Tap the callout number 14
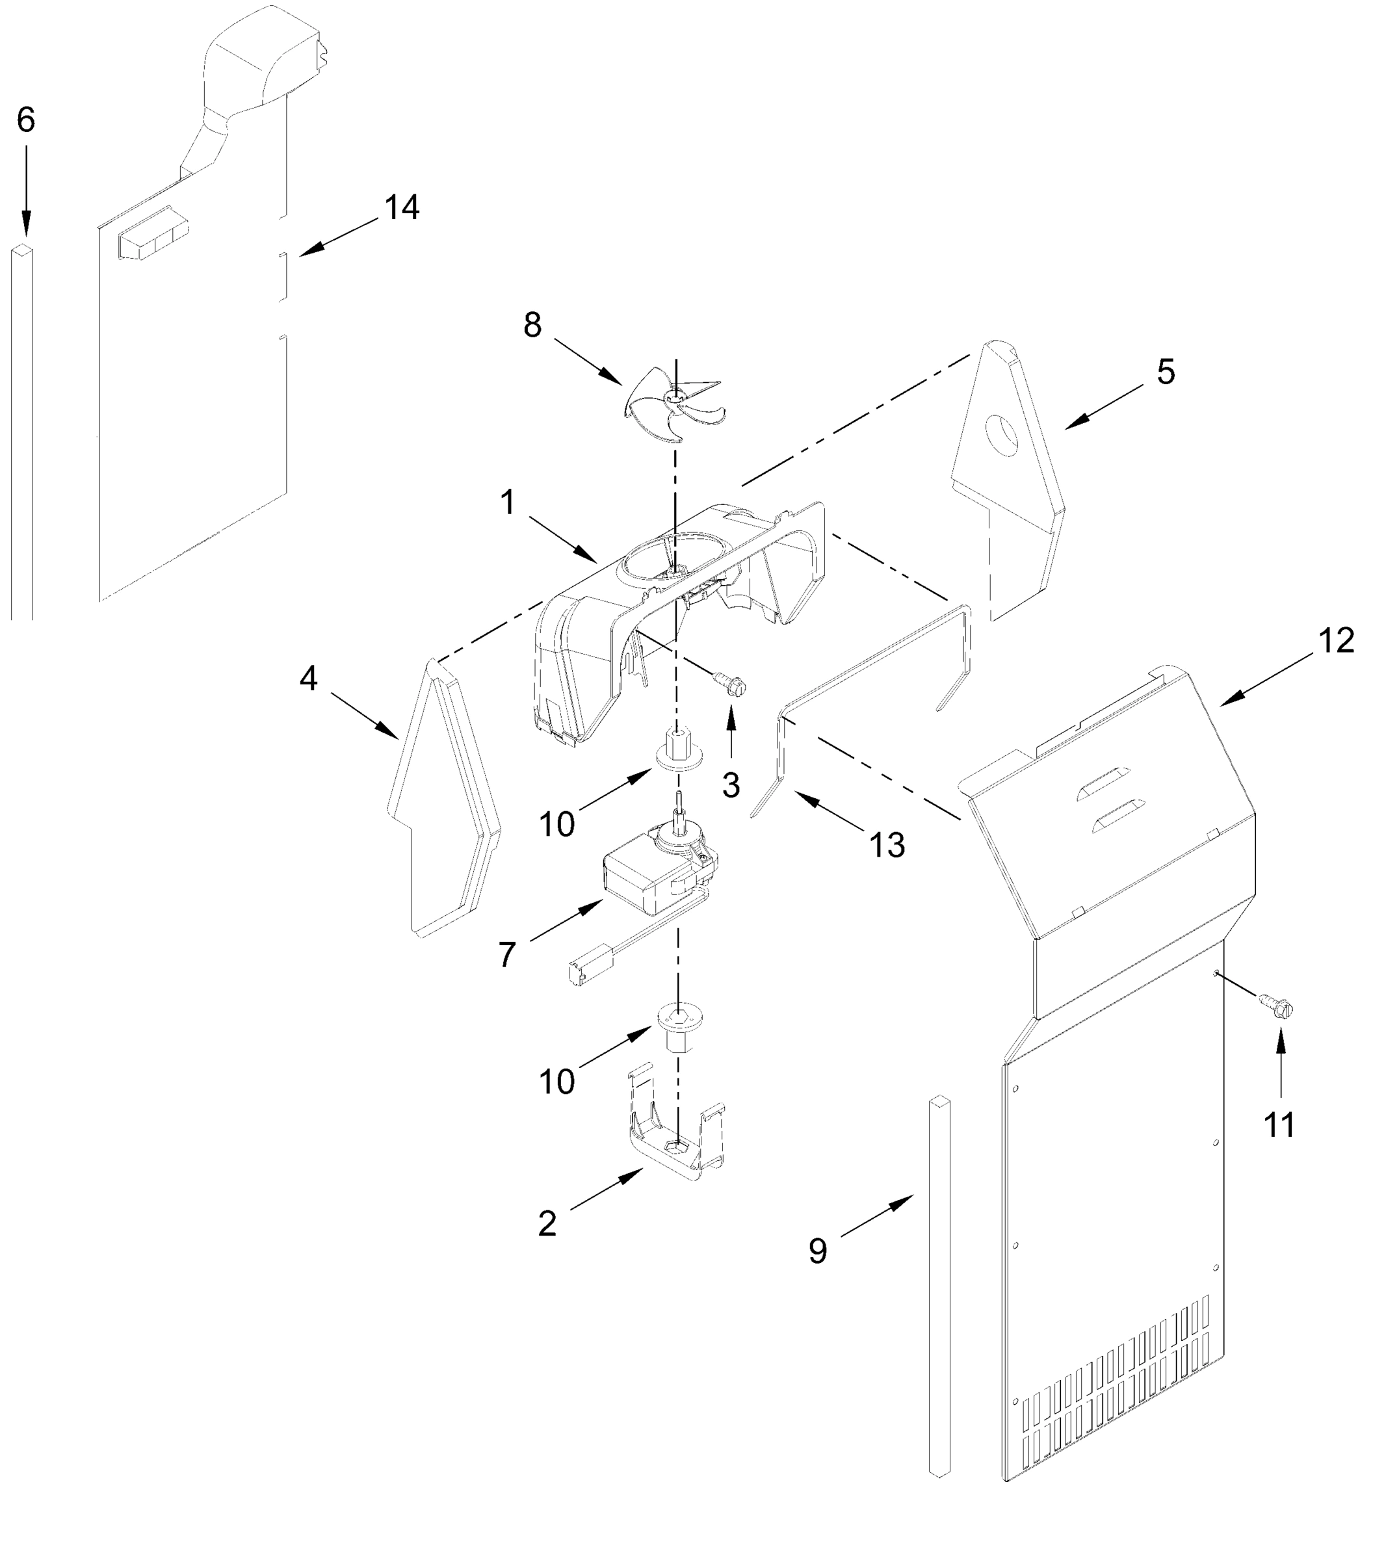pyautogui.click(x=402, y=207)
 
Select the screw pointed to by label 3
pyautogui.click(x=729, y=684)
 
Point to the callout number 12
pyautogui.click(x=1335, y=641)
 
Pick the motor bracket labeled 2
pyautogui.click(x=675, y=1145)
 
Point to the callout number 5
pyautogui.click(x=1166, y=372)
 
